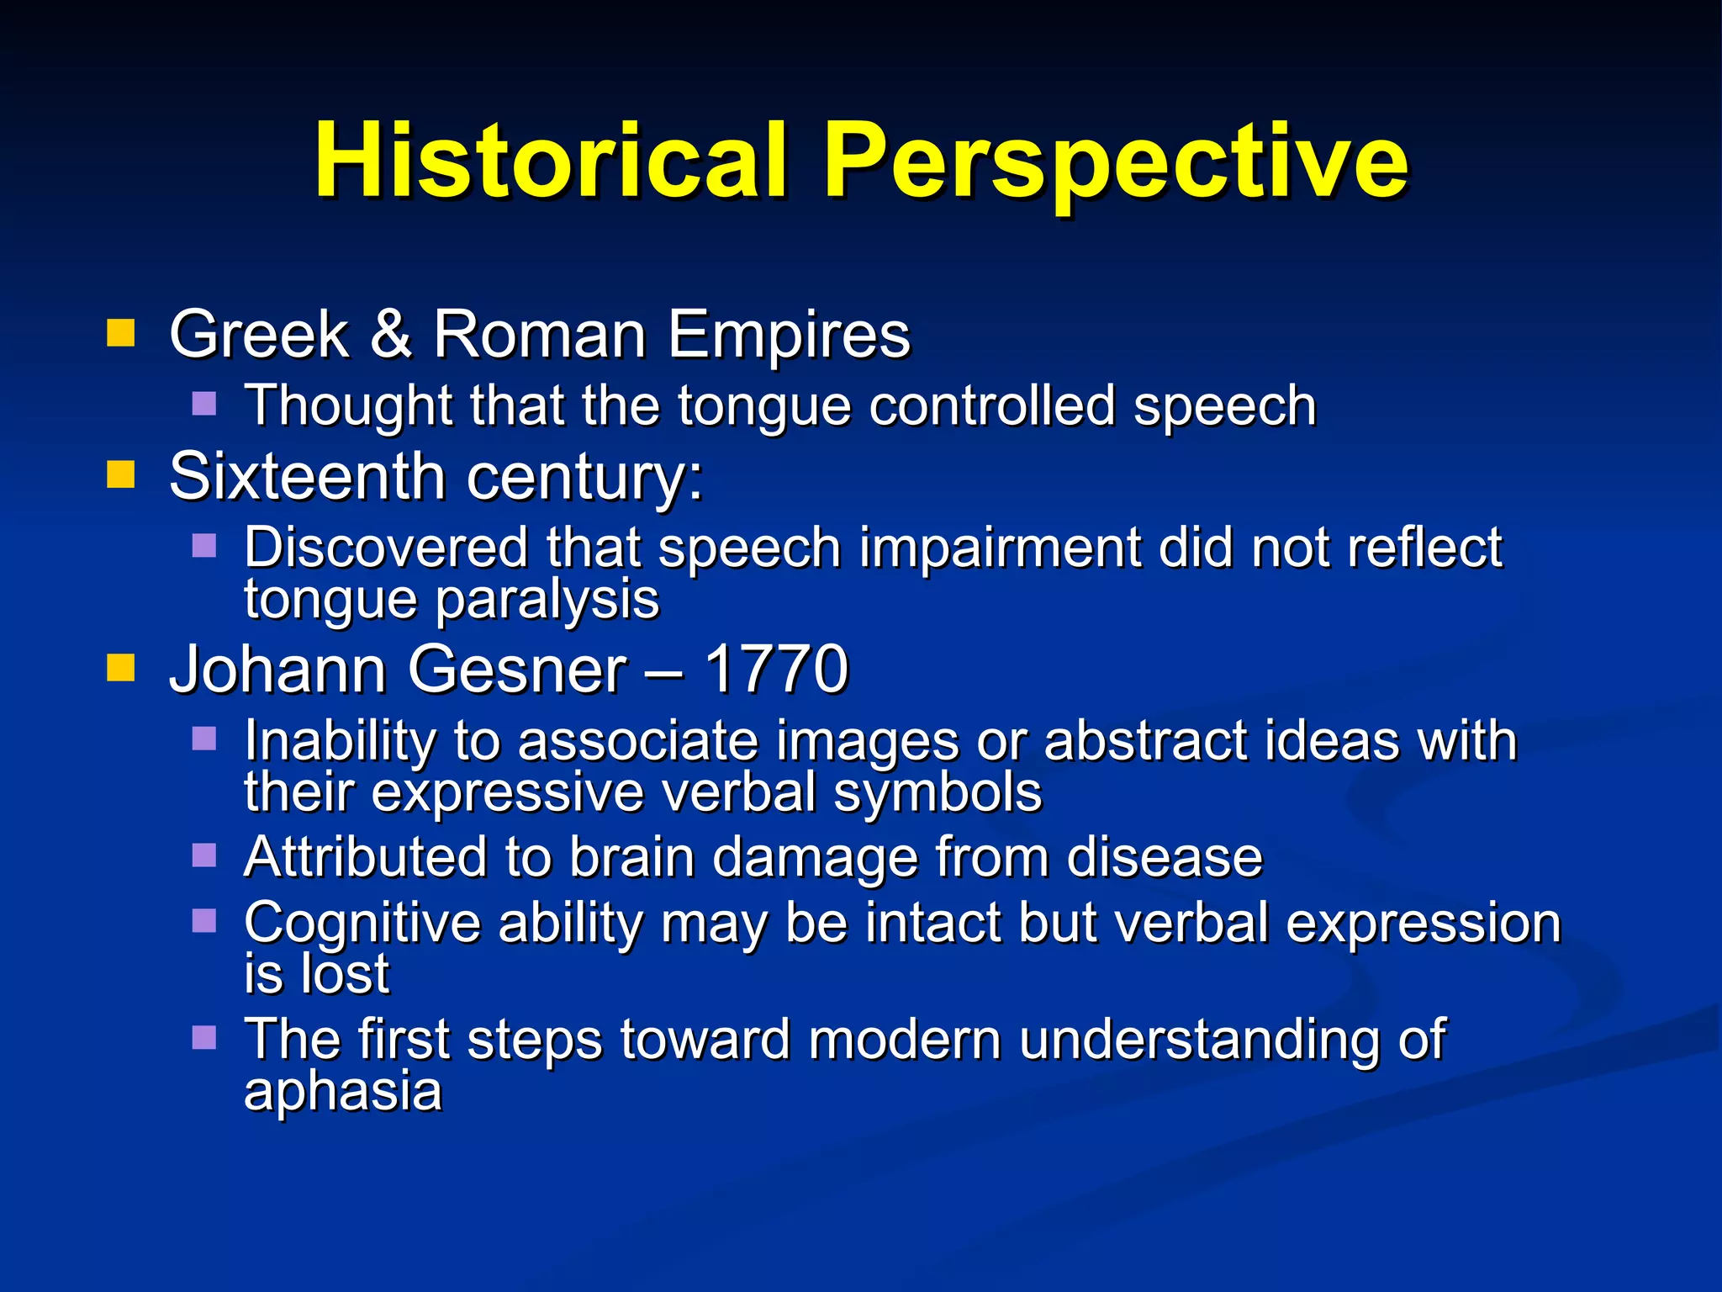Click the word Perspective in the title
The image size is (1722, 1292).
coord(1116,161)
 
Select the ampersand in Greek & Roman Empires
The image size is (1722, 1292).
coord(391,334)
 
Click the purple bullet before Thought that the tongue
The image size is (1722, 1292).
coord(204,404)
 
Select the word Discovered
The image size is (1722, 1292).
coord(386,548)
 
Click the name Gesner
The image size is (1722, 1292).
coord(518,670)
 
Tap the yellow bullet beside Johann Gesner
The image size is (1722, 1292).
coord(121,668)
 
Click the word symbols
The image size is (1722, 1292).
coord(938,792)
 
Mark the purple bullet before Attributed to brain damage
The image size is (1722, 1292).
coord(204,855)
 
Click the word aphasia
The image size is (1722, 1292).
coord(343,1092)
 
